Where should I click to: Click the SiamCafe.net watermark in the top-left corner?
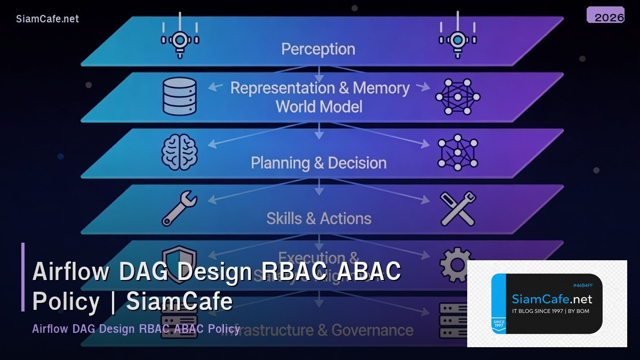tap(47, 19)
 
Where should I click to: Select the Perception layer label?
tap(318, 49)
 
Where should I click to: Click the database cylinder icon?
tap(180, 97)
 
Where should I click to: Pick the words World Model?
tap(319, 107)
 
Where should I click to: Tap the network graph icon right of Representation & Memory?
tap(458, 97)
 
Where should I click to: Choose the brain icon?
tap(179, 153)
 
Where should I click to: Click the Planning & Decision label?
tap(318, 163)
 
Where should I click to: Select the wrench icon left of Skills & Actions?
tap(179, 209)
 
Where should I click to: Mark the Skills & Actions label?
tap(319, 218)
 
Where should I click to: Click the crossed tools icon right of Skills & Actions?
tap(458, 209)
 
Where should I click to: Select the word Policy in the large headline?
tap(66, 301)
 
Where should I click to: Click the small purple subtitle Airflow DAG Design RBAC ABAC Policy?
tap(136, 329)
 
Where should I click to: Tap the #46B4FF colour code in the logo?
tap(583, 285)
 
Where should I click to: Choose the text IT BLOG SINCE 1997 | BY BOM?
tap(550, 311)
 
